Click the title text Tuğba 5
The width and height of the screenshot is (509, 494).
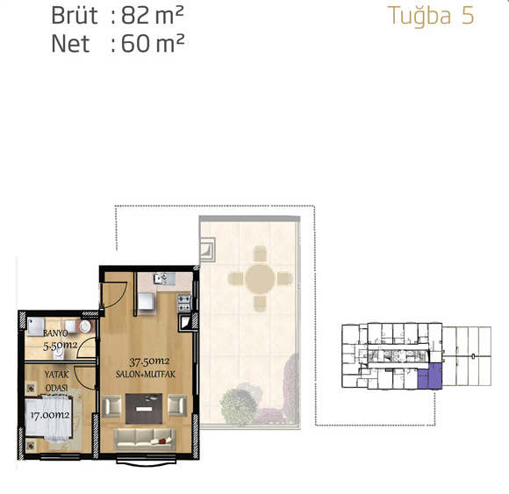pos(431,16)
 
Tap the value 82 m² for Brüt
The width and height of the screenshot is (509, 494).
pos(153,16)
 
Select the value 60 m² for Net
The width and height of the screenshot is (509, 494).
pos(153,44)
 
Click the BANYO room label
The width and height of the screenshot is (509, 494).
pos(55,333)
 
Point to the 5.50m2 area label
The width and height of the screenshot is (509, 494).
pos(61,346)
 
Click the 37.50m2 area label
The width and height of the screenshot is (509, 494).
pos(149,362)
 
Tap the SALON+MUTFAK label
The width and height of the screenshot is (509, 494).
pos(146,375)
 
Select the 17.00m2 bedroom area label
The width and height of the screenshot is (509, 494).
pos(50,415)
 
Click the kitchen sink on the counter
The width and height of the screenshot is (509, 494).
pos(161,278)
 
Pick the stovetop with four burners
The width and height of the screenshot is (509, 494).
pos(184,303)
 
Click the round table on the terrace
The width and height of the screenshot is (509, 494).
pos(260,278)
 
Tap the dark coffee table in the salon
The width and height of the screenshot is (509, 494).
pos(144,409)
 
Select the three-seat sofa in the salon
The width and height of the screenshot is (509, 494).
pos(145,440)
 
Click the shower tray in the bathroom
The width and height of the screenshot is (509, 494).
pos(36,326)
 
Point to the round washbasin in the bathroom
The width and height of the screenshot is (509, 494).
pos(85,326)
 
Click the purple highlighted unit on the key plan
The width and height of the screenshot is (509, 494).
pos(430,376)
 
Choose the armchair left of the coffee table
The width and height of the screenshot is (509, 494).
pos(112,405)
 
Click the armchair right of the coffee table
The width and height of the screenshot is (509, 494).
pos(177,405)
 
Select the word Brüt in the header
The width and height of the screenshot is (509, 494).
pos(75,16)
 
